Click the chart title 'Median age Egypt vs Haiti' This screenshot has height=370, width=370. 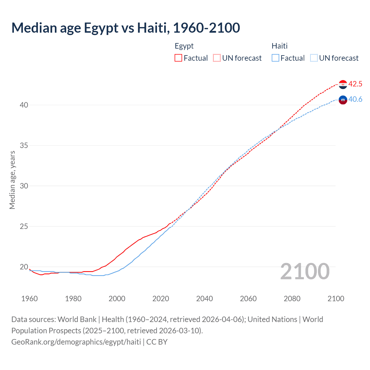[125, 28]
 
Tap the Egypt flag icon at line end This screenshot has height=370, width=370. [343, 84]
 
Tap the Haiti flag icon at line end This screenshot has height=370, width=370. [343, 100]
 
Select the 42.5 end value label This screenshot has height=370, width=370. [355, 84]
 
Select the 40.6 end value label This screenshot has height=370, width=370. [355, 99]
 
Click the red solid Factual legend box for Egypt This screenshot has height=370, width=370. [178, 58]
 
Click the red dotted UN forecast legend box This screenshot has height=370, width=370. [217, 58]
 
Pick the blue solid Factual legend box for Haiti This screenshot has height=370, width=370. [275, 58]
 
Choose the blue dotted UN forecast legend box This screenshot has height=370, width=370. [314, 58]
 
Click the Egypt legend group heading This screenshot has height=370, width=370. [184, 46]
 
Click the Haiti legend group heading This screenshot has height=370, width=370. [280, 46]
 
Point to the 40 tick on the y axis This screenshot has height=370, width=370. [24, 105]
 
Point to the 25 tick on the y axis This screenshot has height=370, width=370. [24, 226]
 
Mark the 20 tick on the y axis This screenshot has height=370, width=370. [24, 267]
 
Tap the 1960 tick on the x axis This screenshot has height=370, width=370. [29, 299]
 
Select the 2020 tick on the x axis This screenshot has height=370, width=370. [161, 299]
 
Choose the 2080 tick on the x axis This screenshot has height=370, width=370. [292, 299]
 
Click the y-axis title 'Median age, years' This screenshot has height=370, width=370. [12, 180]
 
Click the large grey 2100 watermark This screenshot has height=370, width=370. [305, 271]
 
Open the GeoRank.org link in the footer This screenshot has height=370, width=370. [76, 342]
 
